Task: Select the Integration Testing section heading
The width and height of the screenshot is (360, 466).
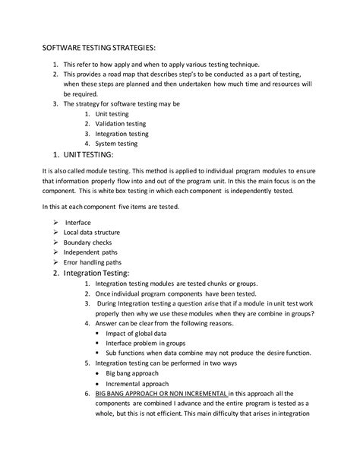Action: tap(97, 272)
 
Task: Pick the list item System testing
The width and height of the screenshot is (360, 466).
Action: tap(116, 143)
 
